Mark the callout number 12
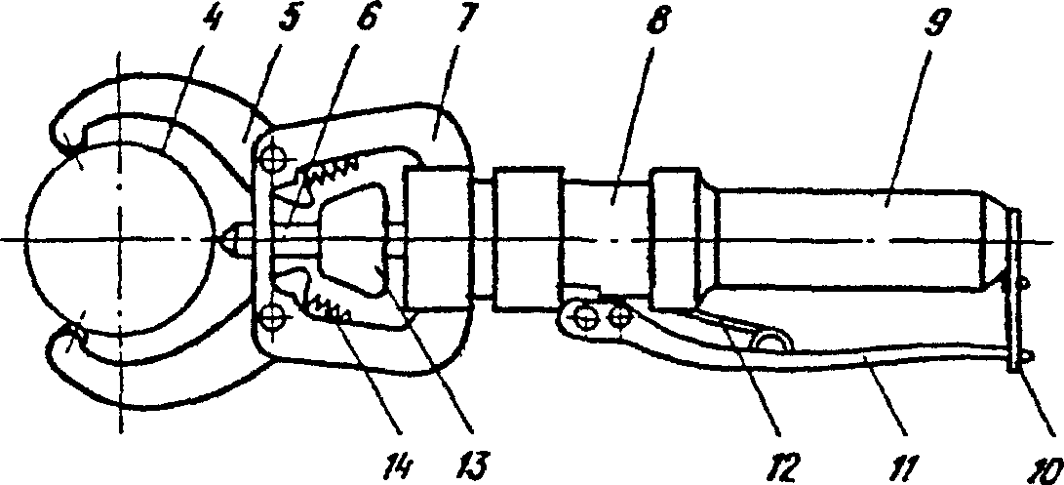pos(782,465)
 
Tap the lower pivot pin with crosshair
pos(274,316)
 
